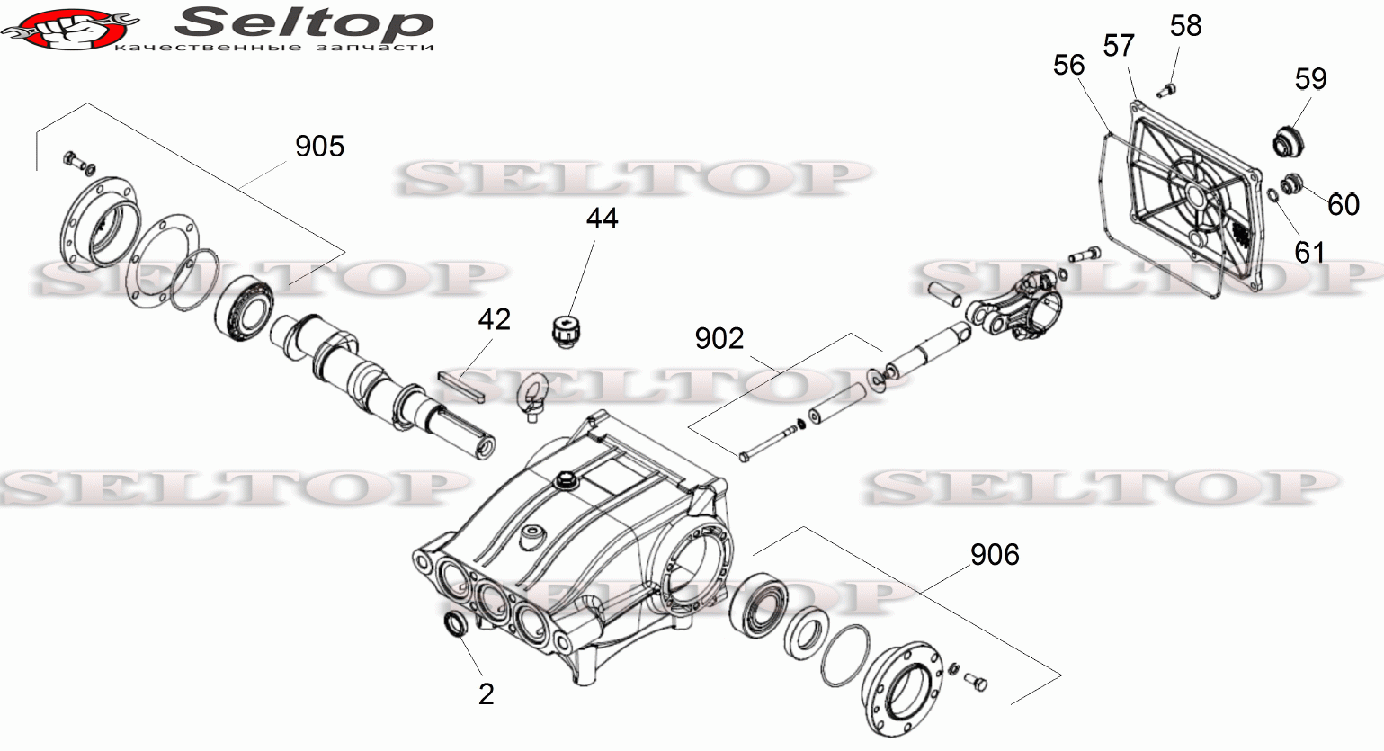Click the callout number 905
(319, 147)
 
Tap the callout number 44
(602, 219)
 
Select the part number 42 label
(495, 319)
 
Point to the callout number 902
(719, 339)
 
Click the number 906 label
(995, 554)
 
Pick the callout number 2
(487, 694)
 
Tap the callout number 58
(1185, 26)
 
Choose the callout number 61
(1310, 252)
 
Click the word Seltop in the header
(304, 22)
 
